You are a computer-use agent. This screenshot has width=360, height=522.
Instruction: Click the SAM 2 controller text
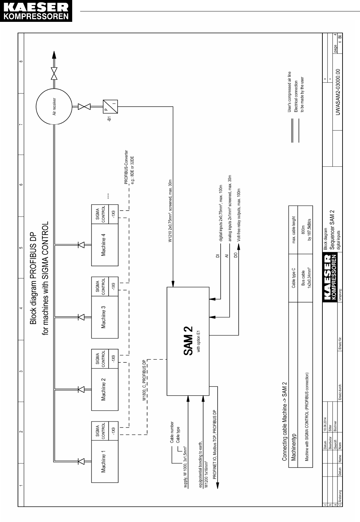pos(188,340)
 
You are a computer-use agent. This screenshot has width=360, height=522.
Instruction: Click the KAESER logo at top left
pos(36,11)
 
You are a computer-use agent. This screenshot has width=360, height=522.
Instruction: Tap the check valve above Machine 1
pos(81,461)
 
